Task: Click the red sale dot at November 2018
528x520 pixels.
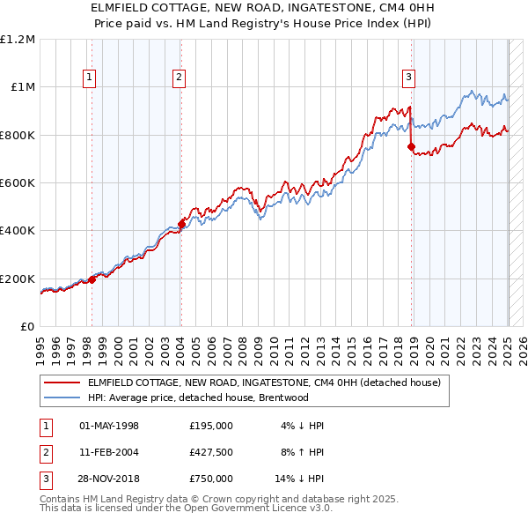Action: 411,147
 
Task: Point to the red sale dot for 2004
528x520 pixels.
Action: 181,224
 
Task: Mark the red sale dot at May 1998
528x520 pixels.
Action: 92,279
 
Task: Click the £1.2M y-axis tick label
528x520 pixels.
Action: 18,40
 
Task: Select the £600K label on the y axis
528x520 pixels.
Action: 18,183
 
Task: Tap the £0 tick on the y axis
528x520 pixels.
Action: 27,327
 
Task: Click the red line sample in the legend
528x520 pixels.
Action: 62,383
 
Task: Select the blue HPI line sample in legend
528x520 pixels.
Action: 62,397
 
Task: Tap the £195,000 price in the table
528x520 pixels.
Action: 210,426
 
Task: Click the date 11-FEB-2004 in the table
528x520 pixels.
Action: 109,452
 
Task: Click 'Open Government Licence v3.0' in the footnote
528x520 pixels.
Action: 253,509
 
